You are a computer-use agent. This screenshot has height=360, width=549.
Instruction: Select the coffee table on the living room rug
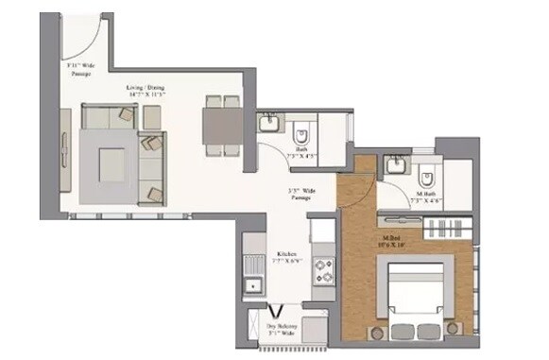pos(112,165)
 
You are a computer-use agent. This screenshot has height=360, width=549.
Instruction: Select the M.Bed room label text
pos(390,241)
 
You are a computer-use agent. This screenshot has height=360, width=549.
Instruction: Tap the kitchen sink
pos(252,284)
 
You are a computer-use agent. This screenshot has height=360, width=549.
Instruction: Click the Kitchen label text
pos(287,257)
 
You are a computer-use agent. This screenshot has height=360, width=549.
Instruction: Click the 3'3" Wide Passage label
pos(300,193)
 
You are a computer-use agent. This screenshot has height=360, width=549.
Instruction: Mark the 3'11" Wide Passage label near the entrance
pos(79,68)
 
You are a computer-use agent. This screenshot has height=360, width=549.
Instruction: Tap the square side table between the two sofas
pos(151,117)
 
